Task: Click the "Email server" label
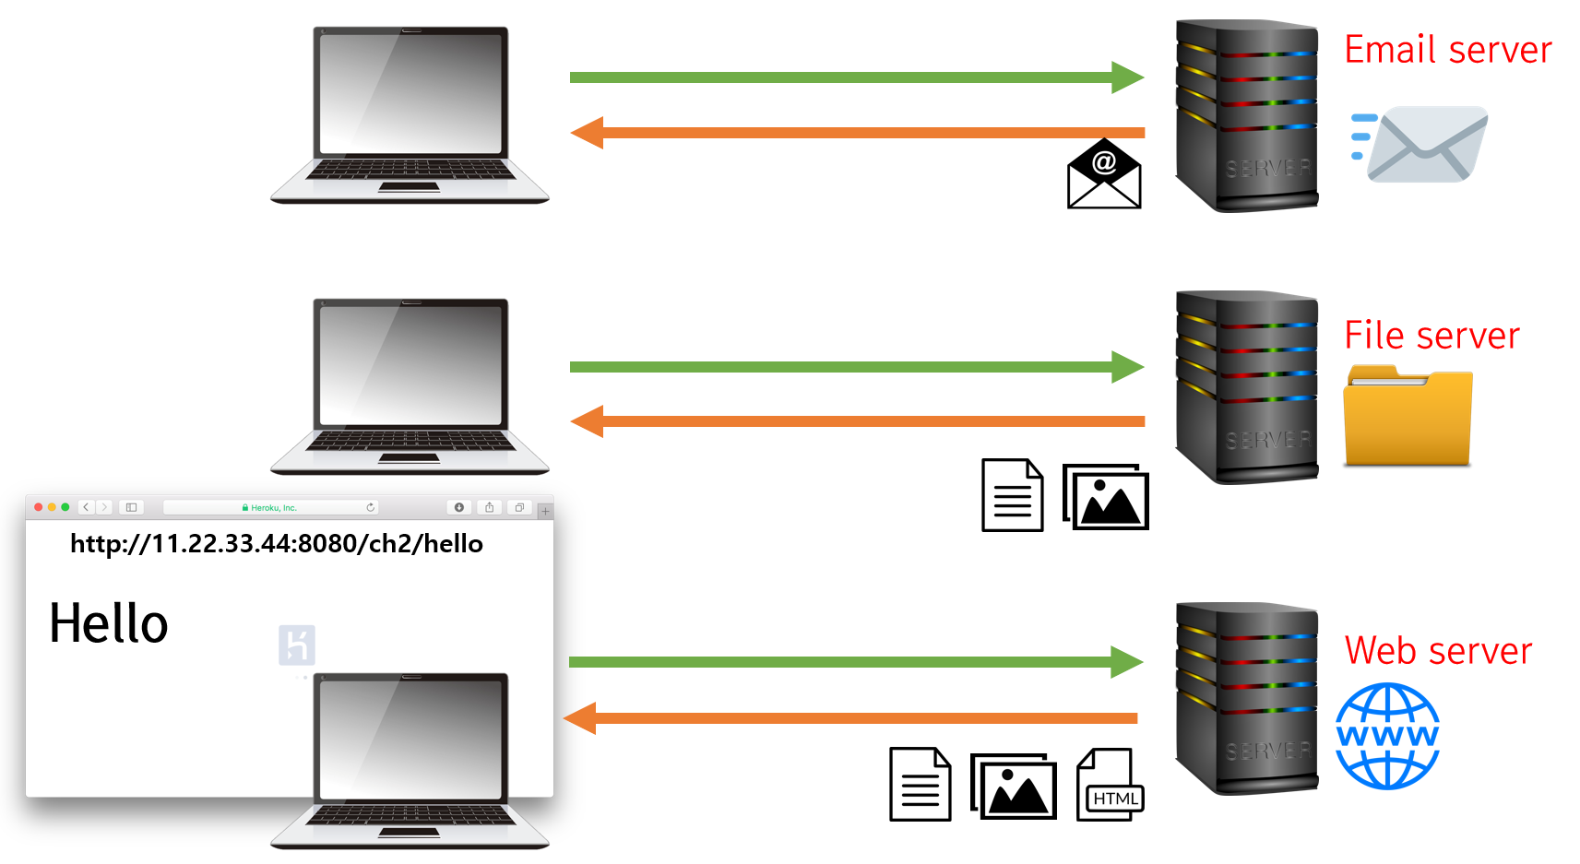point(1447,50)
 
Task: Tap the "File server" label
point(1432,336)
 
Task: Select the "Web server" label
point(1438,651)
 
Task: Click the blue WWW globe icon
point(1387,736)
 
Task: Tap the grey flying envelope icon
point(1420,144)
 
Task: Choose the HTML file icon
point(1110,785)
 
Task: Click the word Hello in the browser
point(109,623)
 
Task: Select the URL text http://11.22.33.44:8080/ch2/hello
point(277,544)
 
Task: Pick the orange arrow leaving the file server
point(858,421)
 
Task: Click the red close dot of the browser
point(39,507)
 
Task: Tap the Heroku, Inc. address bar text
point(273,508)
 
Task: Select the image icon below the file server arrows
point(1106,497)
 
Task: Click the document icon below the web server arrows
point(920,784)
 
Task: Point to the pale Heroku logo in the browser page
point(297,645)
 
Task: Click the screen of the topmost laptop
point(410,92)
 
